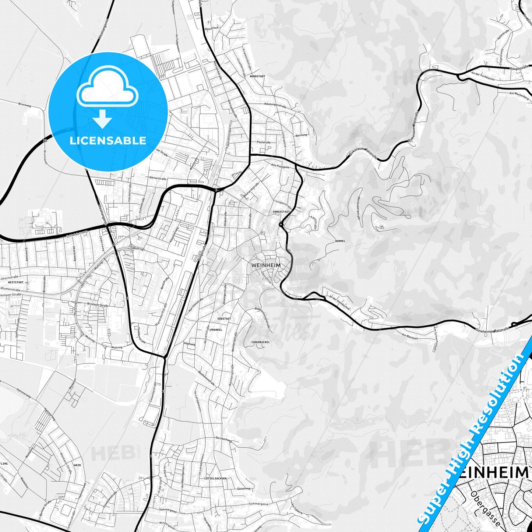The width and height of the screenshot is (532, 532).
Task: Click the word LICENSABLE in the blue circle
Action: pos(108,141)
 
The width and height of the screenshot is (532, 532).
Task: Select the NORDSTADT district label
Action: pos(257,76)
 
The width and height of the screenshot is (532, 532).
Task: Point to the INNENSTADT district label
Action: pos(282,212)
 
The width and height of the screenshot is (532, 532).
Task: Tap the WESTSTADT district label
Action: pos(15,282)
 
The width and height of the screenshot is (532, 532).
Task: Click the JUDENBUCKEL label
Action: pos(260,342)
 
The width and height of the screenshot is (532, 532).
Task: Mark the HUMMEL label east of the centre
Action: pos(340,241)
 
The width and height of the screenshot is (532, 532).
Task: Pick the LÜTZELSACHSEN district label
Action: pos(215,478)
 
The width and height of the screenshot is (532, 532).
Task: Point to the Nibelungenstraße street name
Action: pos(275,105)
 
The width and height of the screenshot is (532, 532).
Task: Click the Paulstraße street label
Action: pos(264,142)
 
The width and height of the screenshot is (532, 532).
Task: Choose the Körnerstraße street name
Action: pos(158,178)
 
